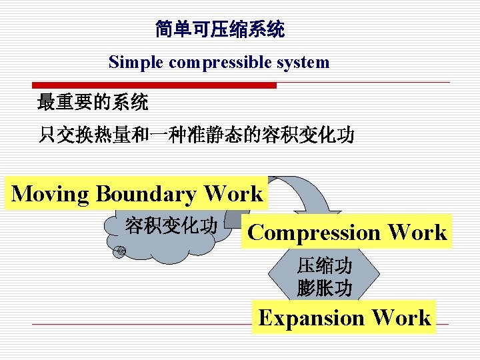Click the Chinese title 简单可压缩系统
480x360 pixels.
pyautogui.click(x=220, y=29)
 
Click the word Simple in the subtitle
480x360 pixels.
pyautogui.click(x=137, y=63)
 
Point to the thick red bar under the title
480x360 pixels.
pyautogui.click(x=155, y=85)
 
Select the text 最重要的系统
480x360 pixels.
pyautogui.click(x=93, y=103)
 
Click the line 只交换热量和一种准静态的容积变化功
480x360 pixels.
pyautogui.click(x=196, y=136)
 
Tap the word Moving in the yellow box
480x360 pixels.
pyautogui.click(x=50, y=193)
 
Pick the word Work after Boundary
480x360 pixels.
pyautogui.click(x=233, y=193)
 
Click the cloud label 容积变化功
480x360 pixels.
pyautogui.click(x=171, y=226)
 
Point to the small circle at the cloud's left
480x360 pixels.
pyautogui.click(x=121, y=251)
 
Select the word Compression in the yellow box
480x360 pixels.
pyautogui.click(x=313, y=232)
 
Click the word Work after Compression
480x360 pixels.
pyautogui.click(x=417, y=232)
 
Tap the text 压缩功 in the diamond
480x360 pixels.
pyautogui.click(x=325, y=266)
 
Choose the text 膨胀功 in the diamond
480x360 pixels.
pyautogui.click(x=325, y=288)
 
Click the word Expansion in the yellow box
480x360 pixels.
pyautogui.click(x=311, y=317)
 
